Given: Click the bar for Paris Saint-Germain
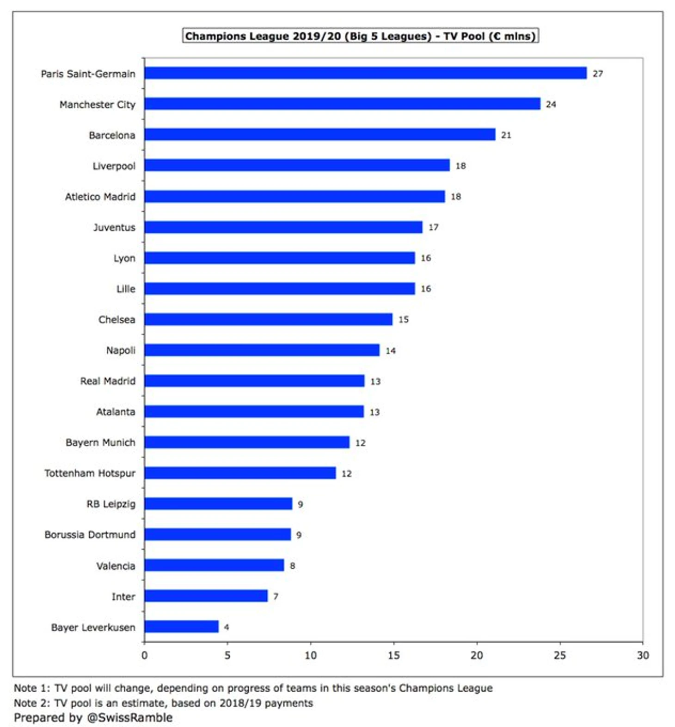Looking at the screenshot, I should click(365, 73).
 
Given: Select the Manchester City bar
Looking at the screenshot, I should click(342, 104).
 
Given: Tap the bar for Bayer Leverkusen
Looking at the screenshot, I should click(181, 627).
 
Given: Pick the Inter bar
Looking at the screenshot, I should click(206, 596).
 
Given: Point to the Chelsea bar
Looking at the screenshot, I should click(268, 319).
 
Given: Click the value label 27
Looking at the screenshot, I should click(598, 74).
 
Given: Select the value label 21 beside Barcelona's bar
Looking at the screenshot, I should click(506, 135).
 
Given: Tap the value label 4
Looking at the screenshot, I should click(227, 627).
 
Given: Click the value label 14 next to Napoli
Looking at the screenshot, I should click(391, 351).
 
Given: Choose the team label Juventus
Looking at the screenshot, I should click(114, 227).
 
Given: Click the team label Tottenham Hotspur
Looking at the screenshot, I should click(90, 473).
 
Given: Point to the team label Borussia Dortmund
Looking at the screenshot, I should click(90, 534).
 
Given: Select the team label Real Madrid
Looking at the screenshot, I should click(108, 381).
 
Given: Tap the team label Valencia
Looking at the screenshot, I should click(116, 566).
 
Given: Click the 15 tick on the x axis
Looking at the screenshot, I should click(393, 655).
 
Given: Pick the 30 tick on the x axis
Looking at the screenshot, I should click(643, 655).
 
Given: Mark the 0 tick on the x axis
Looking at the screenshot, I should click(145, 655).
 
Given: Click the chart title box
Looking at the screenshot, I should click(360, 36).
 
